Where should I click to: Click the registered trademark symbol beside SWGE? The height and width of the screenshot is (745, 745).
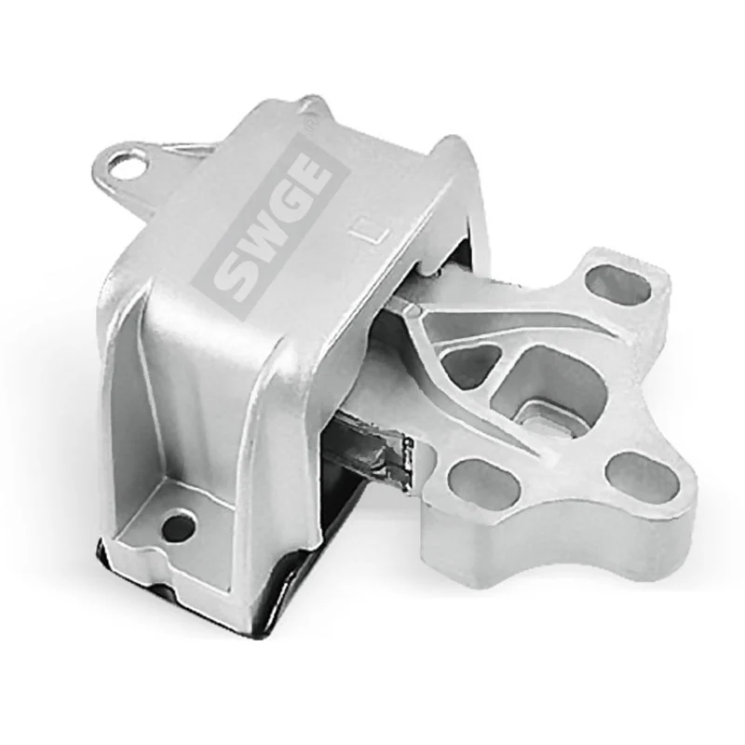[x=315, y=122]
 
